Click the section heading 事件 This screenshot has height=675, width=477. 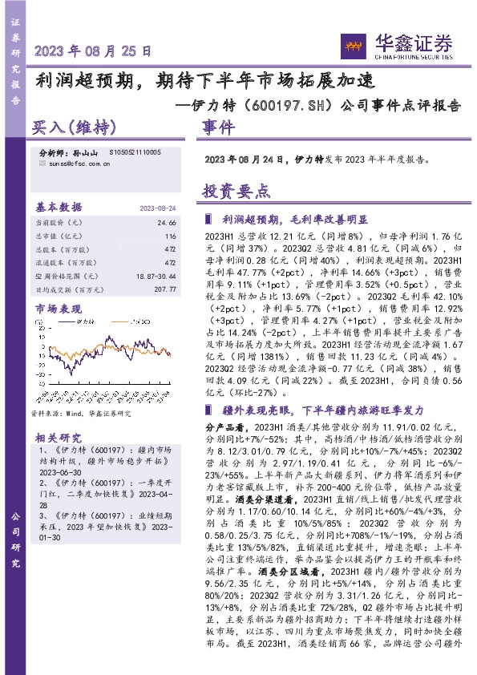pyautogui.click(x=218, y=127)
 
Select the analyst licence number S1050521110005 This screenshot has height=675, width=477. pyautogui.click(x=134, y=152)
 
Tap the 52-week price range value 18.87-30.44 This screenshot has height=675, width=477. pyautogui.click(x=158, y=275)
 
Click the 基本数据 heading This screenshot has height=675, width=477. pyautogui.click(x=59, y=205)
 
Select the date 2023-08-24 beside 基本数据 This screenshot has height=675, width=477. pyautogui.click(x=158, y=207)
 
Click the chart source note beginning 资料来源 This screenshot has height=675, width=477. pyautogui.click(x=80, y=413)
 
